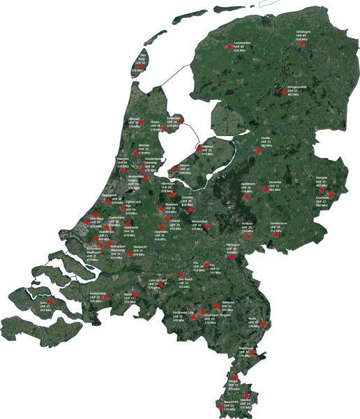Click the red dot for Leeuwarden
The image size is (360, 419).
click(229, 47)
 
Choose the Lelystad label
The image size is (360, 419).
click(206, 147)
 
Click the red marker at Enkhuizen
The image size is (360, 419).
click(181, 121)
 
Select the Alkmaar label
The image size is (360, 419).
click(143, 119)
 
